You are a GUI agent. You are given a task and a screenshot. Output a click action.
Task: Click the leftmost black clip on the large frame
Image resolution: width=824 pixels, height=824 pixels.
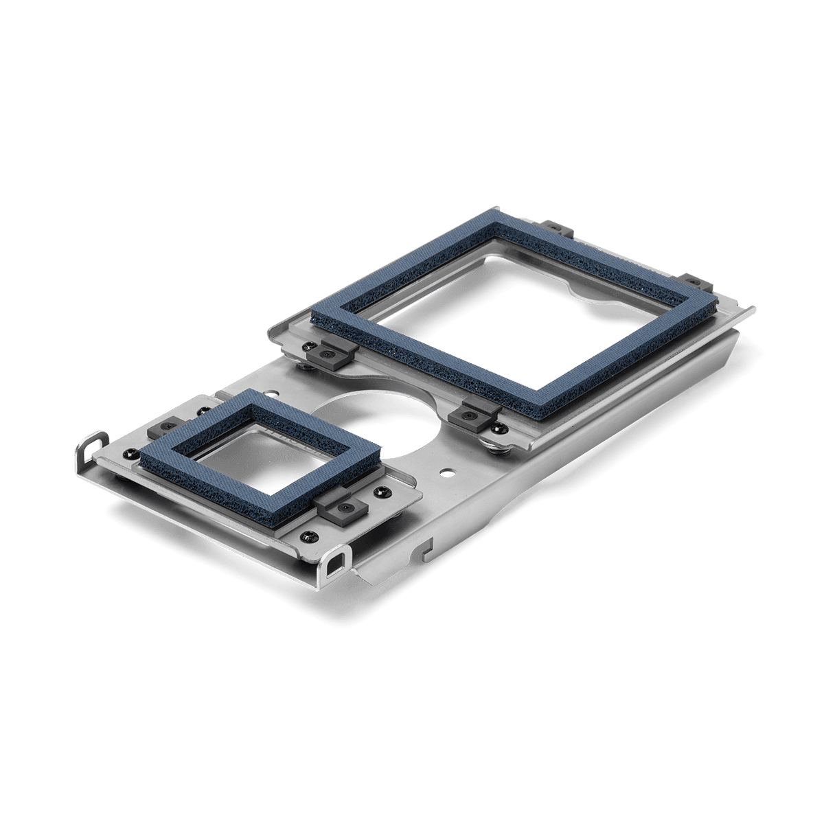tap(330, 354)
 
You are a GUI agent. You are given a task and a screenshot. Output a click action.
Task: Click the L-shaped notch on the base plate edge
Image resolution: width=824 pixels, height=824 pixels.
tap(425, 546)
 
